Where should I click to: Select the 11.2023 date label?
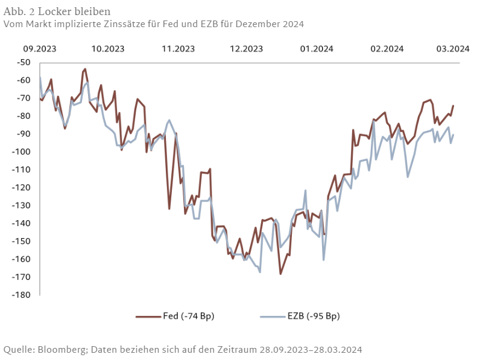click(x=178, y=49)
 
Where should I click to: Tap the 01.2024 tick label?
click(x=316, y=49)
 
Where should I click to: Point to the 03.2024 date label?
click(x=453, y=49)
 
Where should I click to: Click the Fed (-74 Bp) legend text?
click(x=189, y=316)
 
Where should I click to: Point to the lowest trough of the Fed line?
click(x=280, y=274)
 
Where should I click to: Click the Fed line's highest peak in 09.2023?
click(x=85, y=69)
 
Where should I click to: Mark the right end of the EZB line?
click(x=453, y=134)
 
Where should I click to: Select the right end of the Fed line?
click(x=453, y=106)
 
